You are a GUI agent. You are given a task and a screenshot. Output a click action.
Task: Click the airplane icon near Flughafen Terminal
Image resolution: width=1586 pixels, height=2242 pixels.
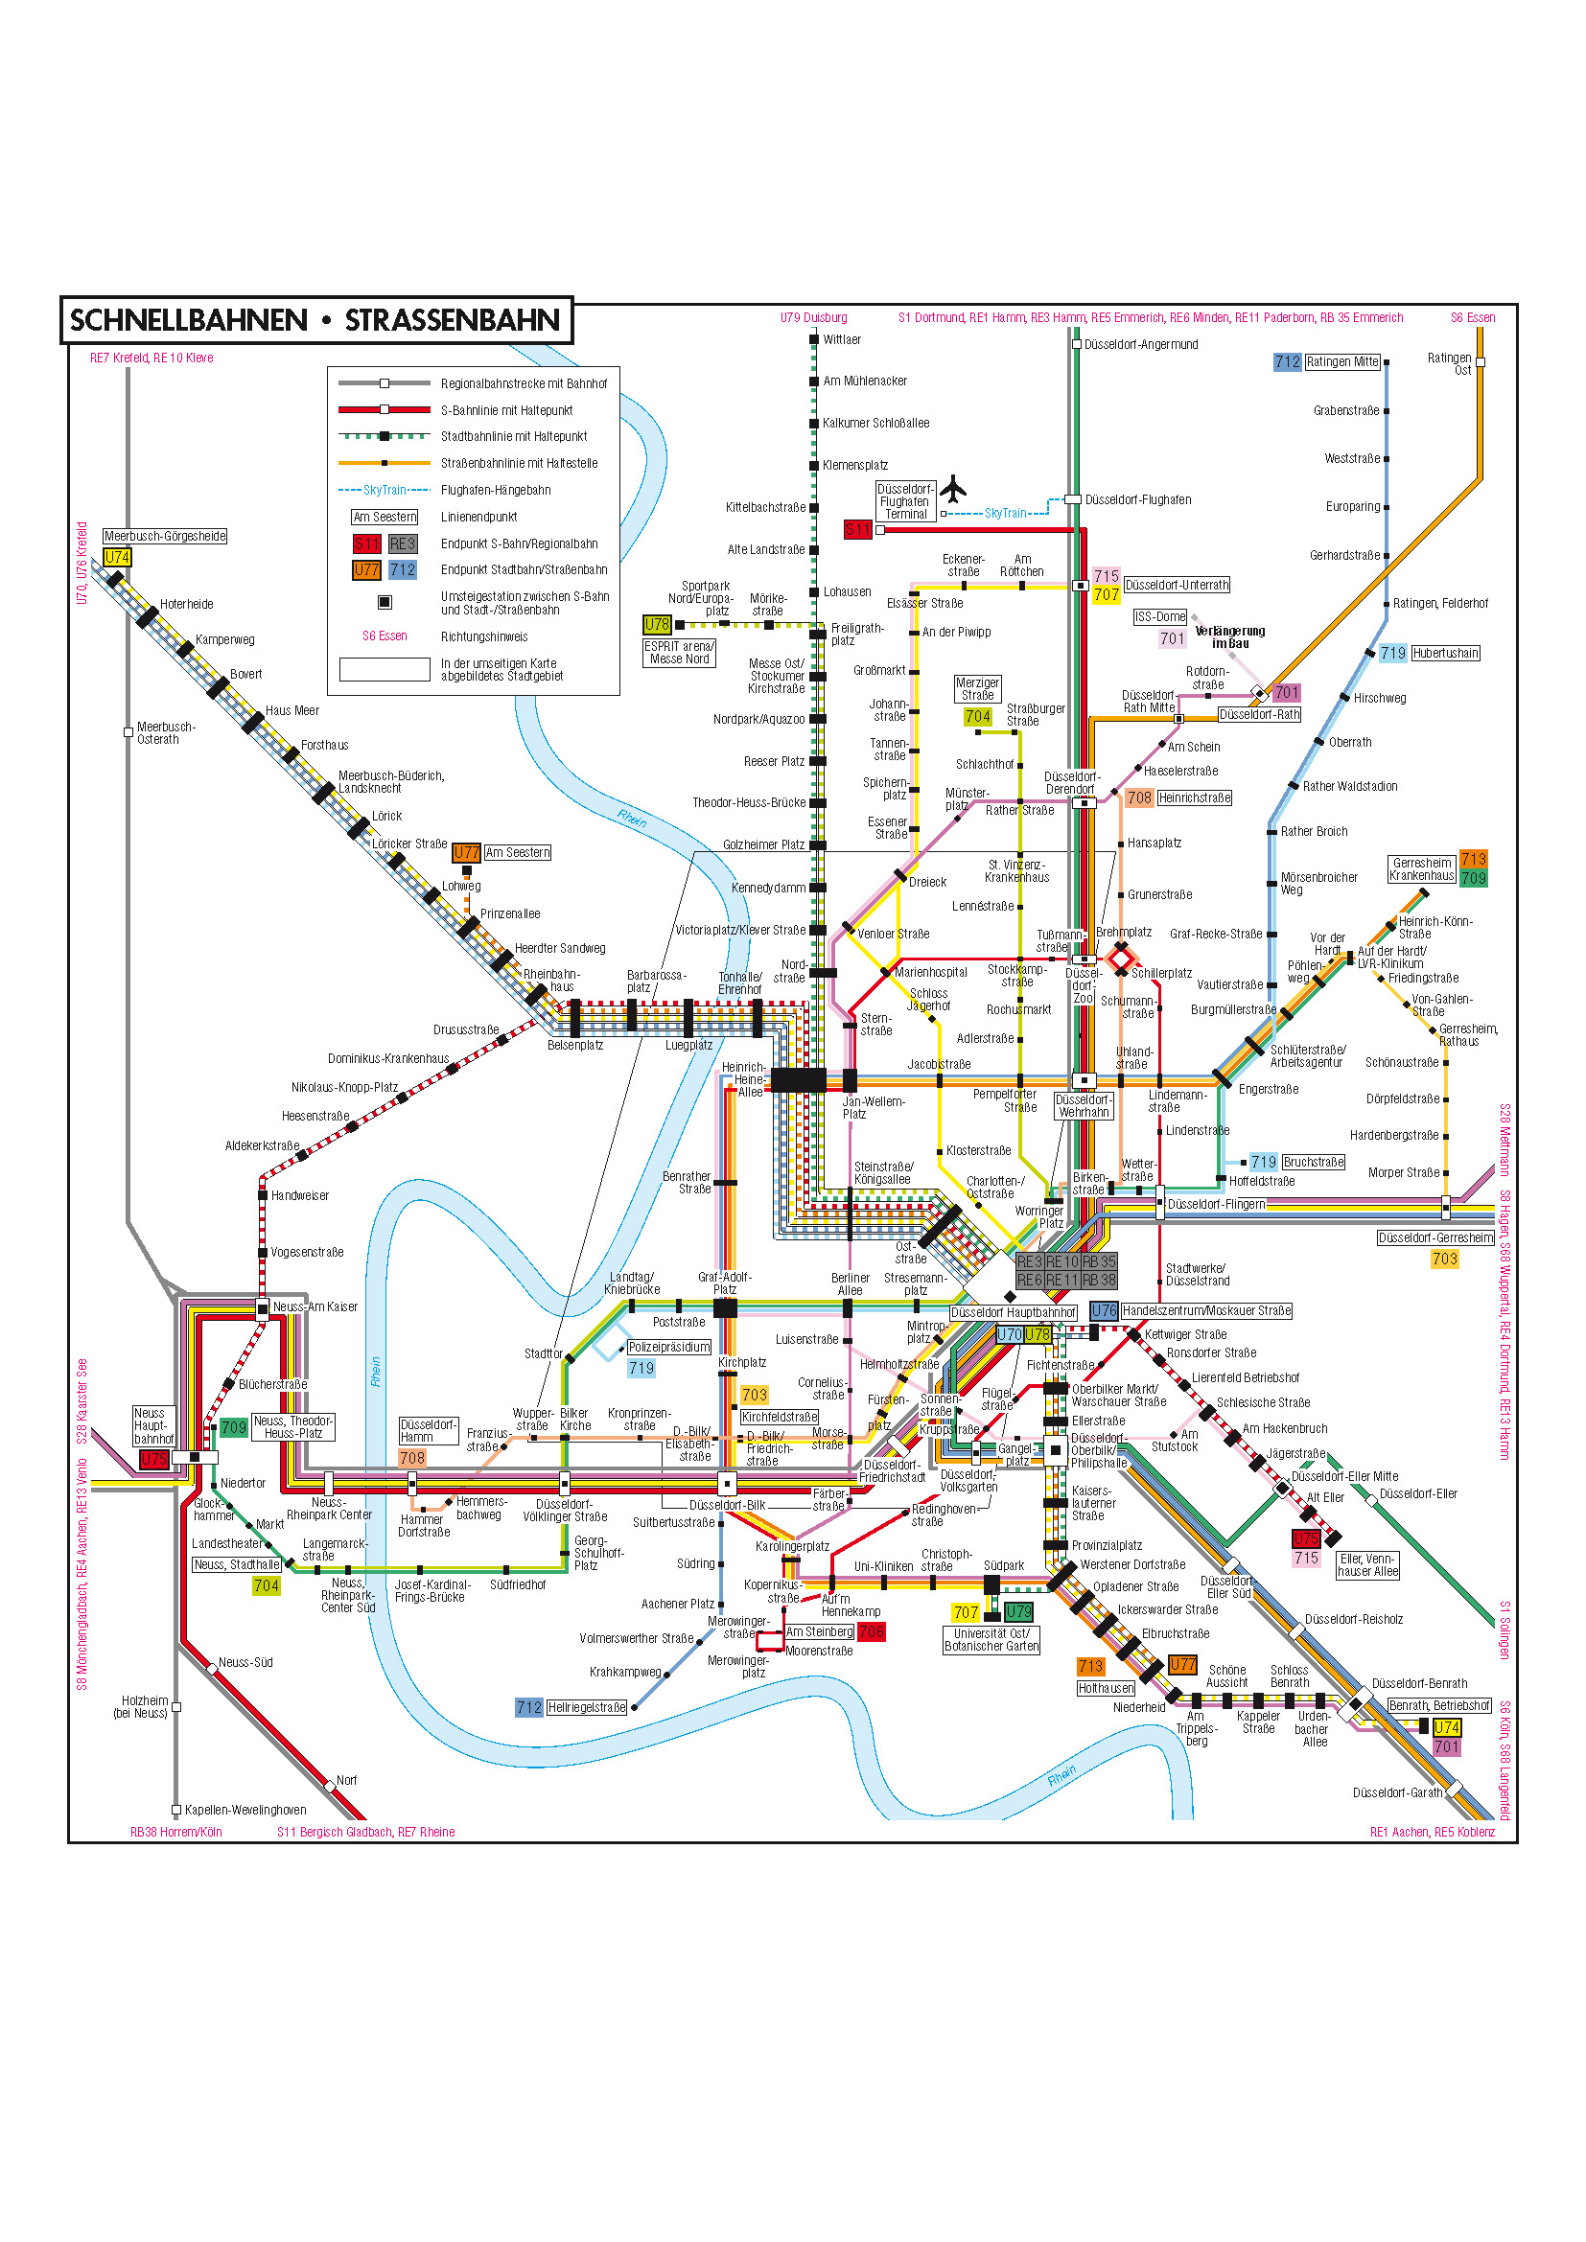[x=953, y=488]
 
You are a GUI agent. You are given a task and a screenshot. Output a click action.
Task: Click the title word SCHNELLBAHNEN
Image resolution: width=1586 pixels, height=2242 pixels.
[x=189, y=320]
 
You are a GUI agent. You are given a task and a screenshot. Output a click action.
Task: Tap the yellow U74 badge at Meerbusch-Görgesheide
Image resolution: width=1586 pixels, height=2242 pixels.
[x=117, y=557]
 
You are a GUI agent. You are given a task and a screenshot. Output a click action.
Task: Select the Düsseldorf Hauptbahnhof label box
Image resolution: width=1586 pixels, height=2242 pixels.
[x=1014, y=1312]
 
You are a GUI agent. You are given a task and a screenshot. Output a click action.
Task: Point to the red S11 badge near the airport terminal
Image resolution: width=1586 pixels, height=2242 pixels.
[x=857, y=529]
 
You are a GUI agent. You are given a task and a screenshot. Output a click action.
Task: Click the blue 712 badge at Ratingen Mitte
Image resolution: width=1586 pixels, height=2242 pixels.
[x=1287, y=361]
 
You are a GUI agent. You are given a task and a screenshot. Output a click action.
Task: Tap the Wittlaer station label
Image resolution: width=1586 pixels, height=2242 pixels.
[x=842, y=340]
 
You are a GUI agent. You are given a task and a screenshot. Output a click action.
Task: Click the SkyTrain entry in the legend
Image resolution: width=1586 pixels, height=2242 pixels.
[x=385, y=490]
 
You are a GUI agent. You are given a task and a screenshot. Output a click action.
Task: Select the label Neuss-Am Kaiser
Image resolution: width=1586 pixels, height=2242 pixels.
[x=315, y=1306]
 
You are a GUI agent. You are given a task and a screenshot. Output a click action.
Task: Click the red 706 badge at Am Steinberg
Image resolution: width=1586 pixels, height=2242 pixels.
[x=871, y=1631]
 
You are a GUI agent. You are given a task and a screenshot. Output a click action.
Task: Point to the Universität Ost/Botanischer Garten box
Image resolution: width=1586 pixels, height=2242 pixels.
[x=991, y=1639]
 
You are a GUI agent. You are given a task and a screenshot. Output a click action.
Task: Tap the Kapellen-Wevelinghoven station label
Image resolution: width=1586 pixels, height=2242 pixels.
[x=245, y=1810]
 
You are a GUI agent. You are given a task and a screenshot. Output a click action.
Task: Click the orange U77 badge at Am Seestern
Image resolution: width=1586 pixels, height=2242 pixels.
[x=467, y=852]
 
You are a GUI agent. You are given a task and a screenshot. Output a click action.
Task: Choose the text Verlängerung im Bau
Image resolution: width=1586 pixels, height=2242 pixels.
[x=1229, y=636]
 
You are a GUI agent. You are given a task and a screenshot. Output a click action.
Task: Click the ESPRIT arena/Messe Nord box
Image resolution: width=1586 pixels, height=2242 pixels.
[x=680, y=653]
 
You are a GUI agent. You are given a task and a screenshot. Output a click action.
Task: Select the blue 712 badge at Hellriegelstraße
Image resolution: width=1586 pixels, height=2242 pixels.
[x=528, y=1707]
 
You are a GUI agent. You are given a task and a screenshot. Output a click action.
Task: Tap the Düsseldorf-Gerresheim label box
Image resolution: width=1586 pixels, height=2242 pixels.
[x=1435, y=1237]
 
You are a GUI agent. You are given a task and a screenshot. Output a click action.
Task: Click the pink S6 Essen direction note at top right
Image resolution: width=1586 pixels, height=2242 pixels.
[x=1472, y=317]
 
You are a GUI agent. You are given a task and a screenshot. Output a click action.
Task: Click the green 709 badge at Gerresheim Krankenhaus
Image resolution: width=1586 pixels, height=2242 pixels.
[x=1473, y=878]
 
